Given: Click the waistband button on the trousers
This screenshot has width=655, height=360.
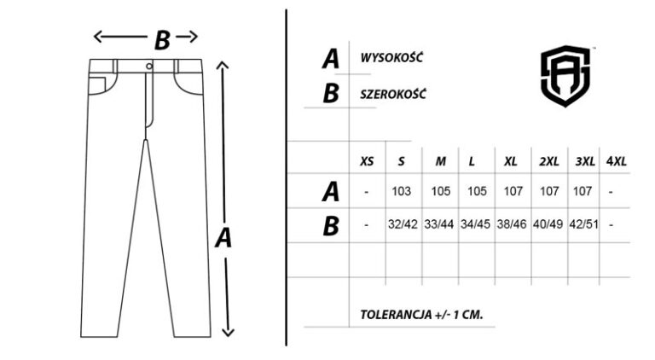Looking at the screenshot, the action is (149, 66).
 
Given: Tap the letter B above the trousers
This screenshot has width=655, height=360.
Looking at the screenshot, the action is (162, 40).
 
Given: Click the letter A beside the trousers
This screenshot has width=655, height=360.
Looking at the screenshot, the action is (223, 238).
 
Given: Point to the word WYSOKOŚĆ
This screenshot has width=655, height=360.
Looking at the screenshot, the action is (391, 57).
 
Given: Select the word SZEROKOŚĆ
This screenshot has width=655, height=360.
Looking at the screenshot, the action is (393, 94).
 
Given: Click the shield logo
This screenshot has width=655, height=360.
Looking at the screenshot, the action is (565, 76).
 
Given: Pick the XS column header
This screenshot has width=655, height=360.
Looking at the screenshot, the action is (367, 161).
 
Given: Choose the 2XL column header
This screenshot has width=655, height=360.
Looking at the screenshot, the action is (549, 161).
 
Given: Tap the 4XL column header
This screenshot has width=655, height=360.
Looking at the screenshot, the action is (616, 161).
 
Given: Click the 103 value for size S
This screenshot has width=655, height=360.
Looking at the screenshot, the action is (402, 191).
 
